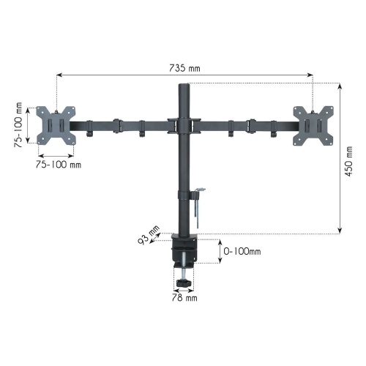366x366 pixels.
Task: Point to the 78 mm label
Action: tap(185, 298)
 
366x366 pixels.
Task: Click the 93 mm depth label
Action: tap(150, 234)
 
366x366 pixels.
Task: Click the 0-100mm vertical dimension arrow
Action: tap(221, 251)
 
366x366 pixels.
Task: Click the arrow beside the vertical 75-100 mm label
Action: tap(27, 124)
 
